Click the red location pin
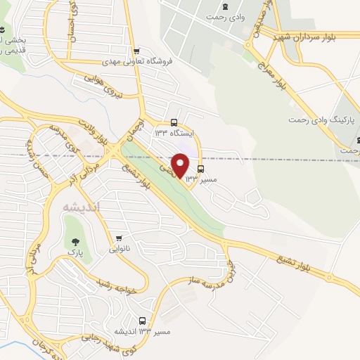[181, 165]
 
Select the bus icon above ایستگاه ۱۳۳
[174, 120]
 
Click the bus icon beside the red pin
[201, 169]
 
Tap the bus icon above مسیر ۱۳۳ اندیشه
[144, 319]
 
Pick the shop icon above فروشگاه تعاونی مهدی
[137, 51]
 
